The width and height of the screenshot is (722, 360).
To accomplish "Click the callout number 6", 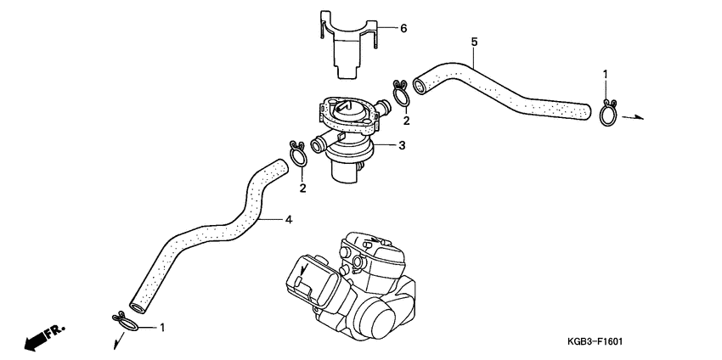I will pos(403,28).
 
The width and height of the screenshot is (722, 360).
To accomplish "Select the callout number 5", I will pos(474,41).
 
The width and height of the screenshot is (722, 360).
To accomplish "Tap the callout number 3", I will pos(402,145).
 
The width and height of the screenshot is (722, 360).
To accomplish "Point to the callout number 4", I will pos(288,220).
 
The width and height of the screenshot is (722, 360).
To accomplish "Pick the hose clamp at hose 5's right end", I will pos(608,113).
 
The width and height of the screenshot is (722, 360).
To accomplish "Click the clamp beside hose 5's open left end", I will pos(402,92).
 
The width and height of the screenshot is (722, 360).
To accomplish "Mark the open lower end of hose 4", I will pos(136,303).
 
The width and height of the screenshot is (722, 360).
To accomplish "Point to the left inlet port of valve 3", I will pos(319,145).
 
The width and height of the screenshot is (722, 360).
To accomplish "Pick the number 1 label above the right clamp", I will pos(606,75).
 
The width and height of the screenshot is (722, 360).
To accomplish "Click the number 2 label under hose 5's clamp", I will pos(406,121).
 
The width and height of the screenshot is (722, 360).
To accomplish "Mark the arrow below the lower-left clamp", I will pos(115,340).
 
